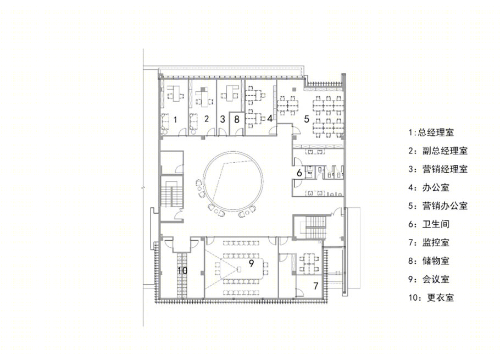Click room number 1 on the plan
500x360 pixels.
pos(175,120)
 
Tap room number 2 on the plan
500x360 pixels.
pos(207,119)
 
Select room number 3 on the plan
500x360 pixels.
pos(223,119)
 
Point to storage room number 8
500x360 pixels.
pos(237,119)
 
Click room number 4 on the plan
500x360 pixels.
pos(270,118)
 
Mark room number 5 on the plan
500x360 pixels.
pos(307,119)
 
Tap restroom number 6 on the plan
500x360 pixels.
pos(299,173)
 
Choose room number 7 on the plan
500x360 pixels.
pos(316,286)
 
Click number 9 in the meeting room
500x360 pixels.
pos(251,263)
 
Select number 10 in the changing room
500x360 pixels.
pos(182,270)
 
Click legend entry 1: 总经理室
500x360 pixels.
pos(431,132)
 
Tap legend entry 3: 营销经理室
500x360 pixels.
pos(438,169)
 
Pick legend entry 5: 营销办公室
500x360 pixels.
pos(438,206)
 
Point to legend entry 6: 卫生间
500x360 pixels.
pos(429,224)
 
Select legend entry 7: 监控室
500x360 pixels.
pos(429,243)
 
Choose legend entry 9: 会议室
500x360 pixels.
pos(429,279)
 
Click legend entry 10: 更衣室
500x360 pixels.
pos(431,298)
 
